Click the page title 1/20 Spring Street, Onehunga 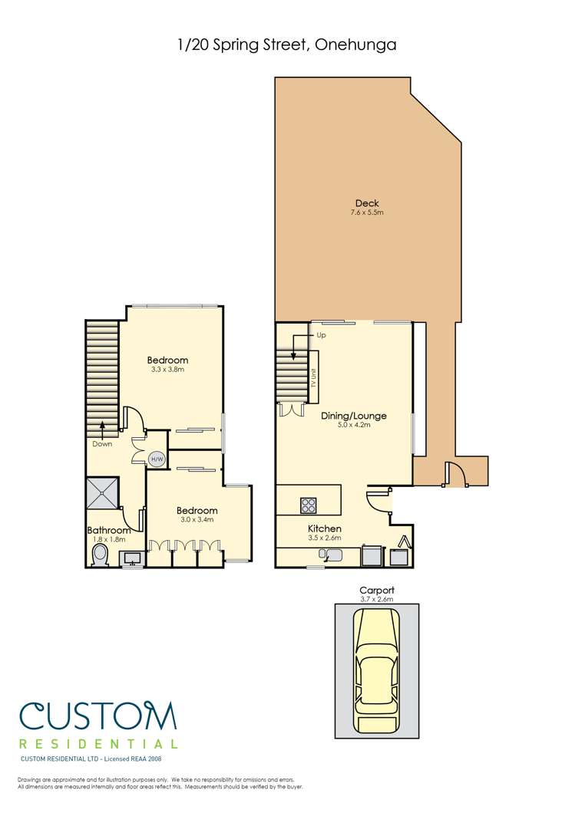pyautogui.click(x=287, y=46)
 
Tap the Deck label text pyautogui.click(x=366, y=202)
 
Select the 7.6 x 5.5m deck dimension pyautogui.click(x=366, y=212)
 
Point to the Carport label pyautogui.click(x=376, y=591)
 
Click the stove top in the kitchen pyautogui.click(x=309, y=505)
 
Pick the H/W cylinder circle pyautogui.click(x=157, y=459)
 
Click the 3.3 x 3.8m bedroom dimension pyautogui.click(x=167, y=370)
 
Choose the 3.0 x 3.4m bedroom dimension pyautogui.click(x=197, y=520)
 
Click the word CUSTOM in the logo pyautogui.click(x=98, y=716)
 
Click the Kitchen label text pyautogui.click(x=325, y=529)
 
